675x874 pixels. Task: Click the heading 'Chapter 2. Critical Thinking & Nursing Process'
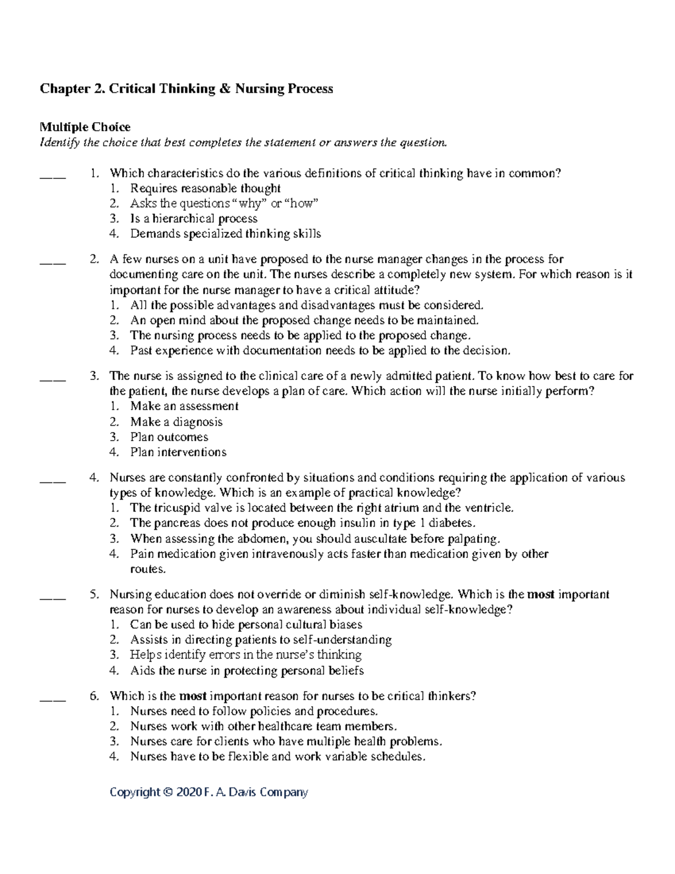[x=186, y=89]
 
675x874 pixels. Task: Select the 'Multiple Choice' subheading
[x=84, y=127]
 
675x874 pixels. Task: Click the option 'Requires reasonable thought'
[x=205, y=189]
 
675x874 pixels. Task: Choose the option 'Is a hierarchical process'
[x=193, y=218]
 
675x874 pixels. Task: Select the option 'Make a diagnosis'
[x=176, y=422]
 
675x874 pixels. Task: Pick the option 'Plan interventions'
[x=178, y=452]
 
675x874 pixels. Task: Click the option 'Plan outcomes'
[x=169, y=437]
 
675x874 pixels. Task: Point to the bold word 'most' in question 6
[x=192, y=696]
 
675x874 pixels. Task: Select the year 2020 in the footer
[x=188, y=792]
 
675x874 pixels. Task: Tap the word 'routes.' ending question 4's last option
[x=148, y=569]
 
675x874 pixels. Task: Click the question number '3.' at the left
[x=94, y=376]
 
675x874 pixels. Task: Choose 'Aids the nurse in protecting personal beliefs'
[x=246, y=671]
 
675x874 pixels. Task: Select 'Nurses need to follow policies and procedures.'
[x=254, y=711]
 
